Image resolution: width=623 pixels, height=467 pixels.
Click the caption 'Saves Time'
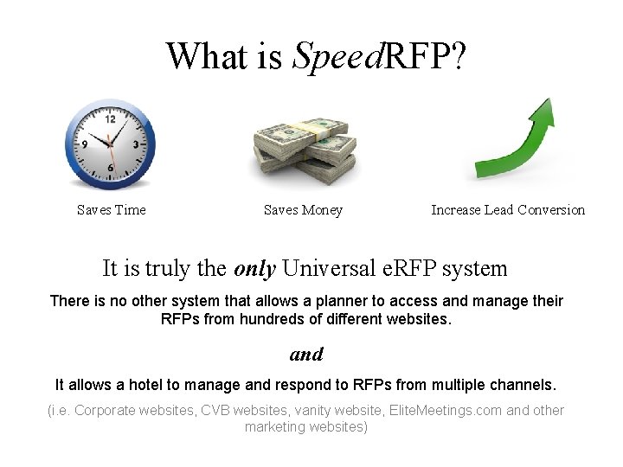click(111, 210)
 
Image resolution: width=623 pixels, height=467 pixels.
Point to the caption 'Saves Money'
click(303, 210)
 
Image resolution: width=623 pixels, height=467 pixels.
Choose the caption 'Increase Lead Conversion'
click(508, 210)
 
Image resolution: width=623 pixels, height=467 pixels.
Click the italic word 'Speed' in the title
click(336, 56)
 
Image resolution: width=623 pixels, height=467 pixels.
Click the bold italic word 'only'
click(254, 268)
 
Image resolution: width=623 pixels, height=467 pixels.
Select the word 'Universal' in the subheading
click(331, 268)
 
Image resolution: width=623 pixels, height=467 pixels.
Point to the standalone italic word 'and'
click(306, 354)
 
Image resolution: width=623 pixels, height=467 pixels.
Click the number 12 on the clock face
click(110, 119)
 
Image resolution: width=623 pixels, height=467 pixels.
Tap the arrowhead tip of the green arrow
click(546, 102)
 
